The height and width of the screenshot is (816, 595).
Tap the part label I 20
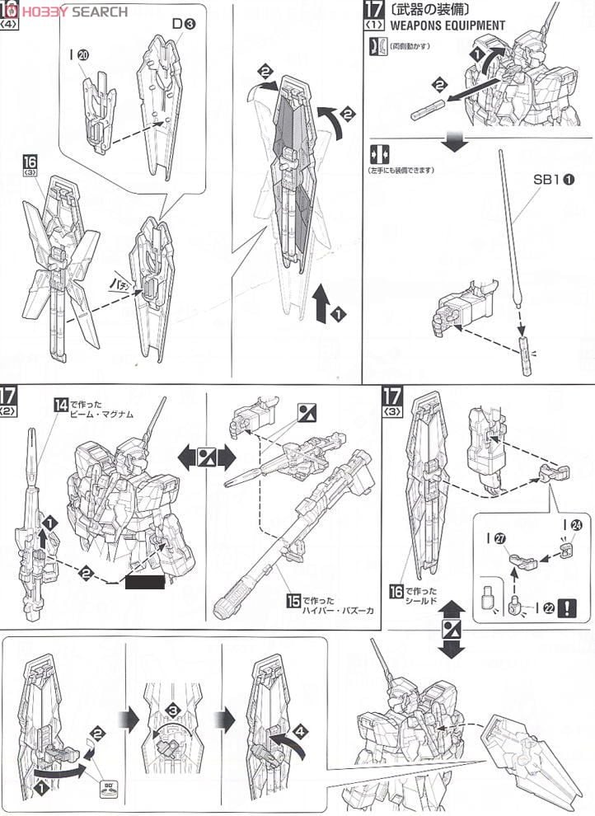[82, 55]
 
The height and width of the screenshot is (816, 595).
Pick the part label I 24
[569, 523]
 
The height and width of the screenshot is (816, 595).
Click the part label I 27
[501, 537]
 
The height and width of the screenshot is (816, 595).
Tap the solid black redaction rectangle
[143, 584]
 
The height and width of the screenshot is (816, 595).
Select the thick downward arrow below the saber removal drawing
[452, 141]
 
